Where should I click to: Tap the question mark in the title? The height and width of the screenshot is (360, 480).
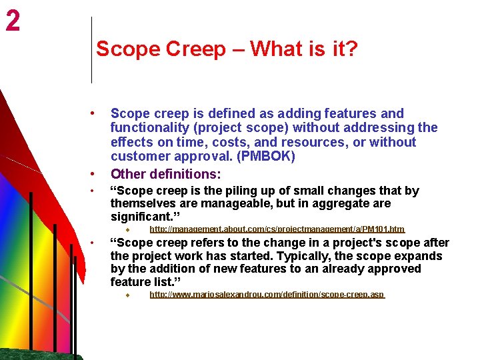click(352, 49)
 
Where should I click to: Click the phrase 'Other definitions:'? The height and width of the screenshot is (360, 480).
click(165, 174)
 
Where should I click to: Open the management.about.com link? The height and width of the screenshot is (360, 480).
click(277, 229)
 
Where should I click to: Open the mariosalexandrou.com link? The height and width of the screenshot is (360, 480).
click(267, 295)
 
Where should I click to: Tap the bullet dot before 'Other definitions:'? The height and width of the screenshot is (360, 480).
click(99, 174)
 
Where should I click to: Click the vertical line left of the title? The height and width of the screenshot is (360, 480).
click(91, 50)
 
